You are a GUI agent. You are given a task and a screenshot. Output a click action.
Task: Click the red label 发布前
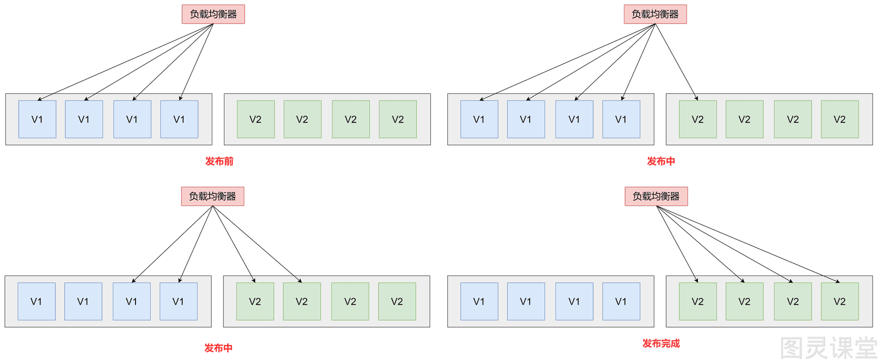coord(219,161)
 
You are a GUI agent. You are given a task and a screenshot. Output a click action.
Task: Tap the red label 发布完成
coord(661,344)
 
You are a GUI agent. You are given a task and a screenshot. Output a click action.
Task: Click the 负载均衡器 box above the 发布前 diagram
coord(213,14)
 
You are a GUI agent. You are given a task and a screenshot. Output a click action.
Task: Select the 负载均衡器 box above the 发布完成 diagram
coord(656,196)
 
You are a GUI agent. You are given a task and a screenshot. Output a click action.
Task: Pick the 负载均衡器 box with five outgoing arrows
coord(655,14)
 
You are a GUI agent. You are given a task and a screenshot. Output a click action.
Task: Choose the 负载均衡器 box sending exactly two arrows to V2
coord(212,196)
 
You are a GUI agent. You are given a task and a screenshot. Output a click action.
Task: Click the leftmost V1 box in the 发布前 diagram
coord(37,119)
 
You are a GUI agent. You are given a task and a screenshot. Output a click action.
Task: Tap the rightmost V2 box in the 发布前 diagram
coord(398,119)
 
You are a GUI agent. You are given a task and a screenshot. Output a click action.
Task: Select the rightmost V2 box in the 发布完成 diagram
coord(840,301)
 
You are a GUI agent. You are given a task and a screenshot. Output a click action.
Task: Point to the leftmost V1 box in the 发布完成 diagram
coord(480,301)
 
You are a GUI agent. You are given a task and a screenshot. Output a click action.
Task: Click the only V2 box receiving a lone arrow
coord(698,119)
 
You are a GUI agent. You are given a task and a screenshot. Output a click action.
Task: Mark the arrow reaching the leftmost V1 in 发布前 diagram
coord(126,62)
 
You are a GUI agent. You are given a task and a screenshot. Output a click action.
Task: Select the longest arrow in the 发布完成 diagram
coord(748,244)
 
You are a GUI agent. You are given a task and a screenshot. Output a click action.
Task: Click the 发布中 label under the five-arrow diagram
coord(661,161)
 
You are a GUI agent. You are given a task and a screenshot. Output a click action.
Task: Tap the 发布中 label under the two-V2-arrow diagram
coord(218,348)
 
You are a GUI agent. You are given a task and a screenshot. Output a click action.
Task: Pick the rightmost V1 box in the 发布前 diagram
coord(179,119)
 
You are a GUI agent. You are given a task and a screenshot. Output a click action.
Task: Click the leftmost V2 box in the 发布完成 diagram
coord(698,301)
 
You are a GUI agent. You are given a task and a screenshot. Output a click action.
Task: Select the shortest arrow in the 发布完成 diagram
coord(677,244)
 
